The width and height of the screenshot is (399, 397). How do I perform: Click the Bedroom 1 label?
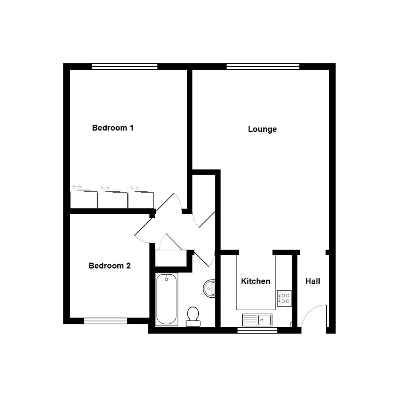(113, 128)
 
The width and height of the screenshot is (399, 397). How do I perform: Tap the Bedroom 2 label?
(109, 266)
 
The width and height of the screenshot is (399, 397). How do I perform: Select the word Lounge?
(262, 129)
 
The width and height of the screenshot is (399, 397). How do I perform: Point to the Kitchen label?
(255, 281)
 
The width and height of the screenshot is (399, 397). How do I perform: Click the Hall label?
(313, 281)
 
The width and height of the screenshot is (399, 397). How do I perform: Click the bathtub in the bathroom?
(166, 300)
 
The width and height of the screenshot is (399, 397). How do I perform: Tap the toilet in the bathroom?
(193, 317)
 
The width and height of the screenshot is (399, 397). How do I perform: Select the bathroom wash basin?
(209, 288)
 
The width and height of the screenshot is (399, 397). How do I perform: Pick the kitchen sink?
(257, 320)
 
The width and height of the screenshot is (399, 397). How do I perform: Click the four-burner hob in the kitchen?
(284, 298)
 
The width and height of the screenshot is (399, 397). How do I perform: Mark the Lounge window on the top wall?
(263, 67)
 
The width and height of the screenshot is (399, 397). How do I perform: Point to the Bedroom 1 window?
(125, 67)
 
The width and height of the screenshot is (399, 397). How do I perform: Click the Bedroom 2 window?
(106, 321)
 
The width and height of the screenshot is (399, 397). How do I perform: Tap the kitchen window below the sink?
(257, 330)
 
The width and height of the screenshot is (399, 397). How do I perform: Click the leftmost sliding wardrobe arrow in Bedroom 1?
(77, 187)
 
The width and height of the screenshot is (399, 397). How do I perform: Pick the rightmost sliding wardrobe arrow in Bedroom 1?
(134, 188)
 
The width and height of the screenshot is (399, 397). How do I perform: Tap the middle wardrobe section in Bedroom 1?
(113, 200)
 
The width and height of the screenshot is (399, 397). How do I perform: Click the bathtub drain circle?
(166, 279)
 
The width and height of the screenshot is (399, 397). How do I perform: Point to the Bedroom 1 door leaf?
(164, 202)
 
